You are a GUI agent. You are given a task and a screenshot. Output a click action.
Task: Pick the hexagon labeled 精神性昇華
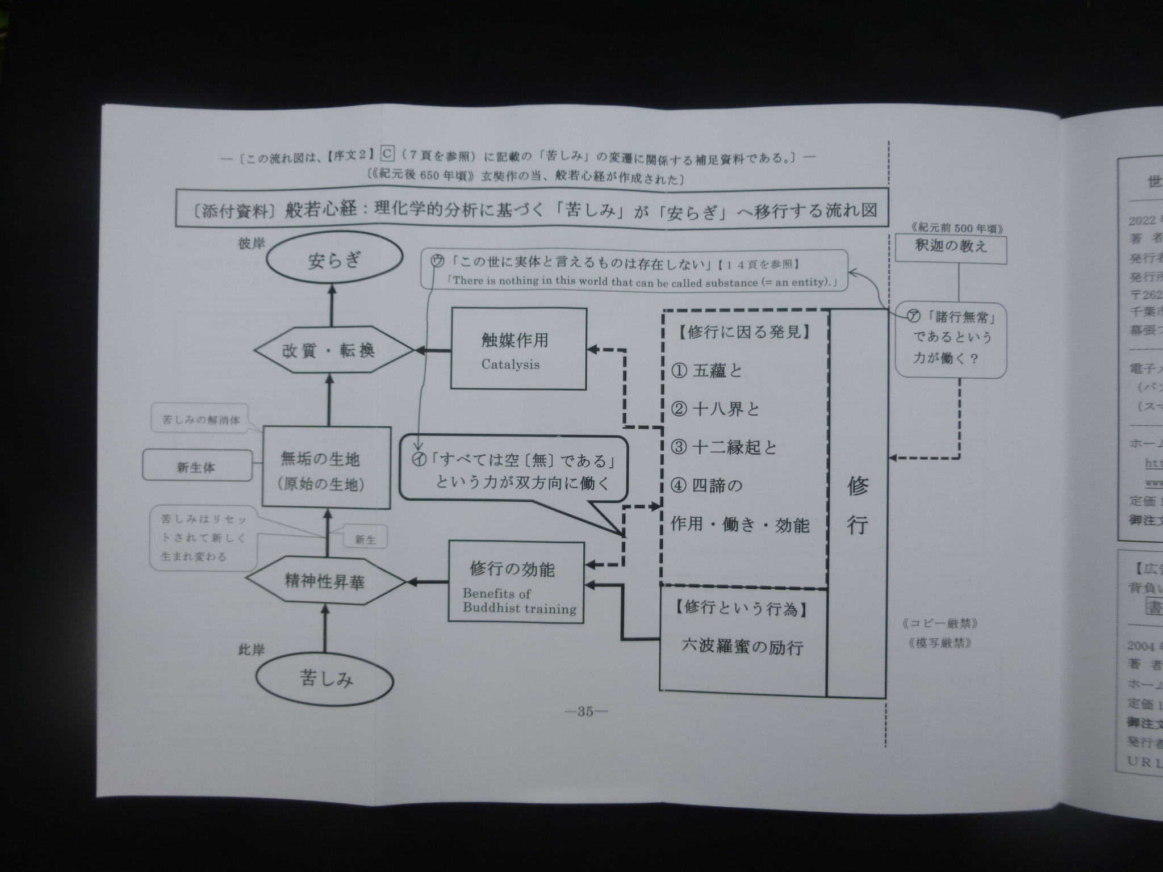(325, 582)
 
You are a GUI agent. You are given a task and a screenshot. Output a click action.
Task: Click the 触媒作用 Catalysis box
(518, 349)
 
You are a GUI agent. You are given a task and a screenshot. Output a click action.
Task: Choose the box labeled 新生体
(196, 468)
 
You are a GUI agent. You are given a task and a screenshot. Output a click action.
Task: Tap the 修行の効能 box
(516, 582)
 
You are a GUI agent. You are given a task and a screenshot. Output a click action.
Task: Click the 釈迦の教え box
(951, 247)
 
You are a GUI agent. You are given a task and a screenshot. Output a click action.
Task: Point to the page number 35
(584, 712)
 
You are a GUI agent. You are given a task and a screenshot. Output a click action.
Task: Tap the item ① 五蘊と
(707, 371)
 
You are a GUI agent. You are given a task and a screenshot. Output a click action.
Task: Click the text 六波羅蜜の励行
(742, 647)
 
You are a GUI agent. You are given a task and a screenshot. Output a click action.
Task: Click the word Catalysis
(510, 364)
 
